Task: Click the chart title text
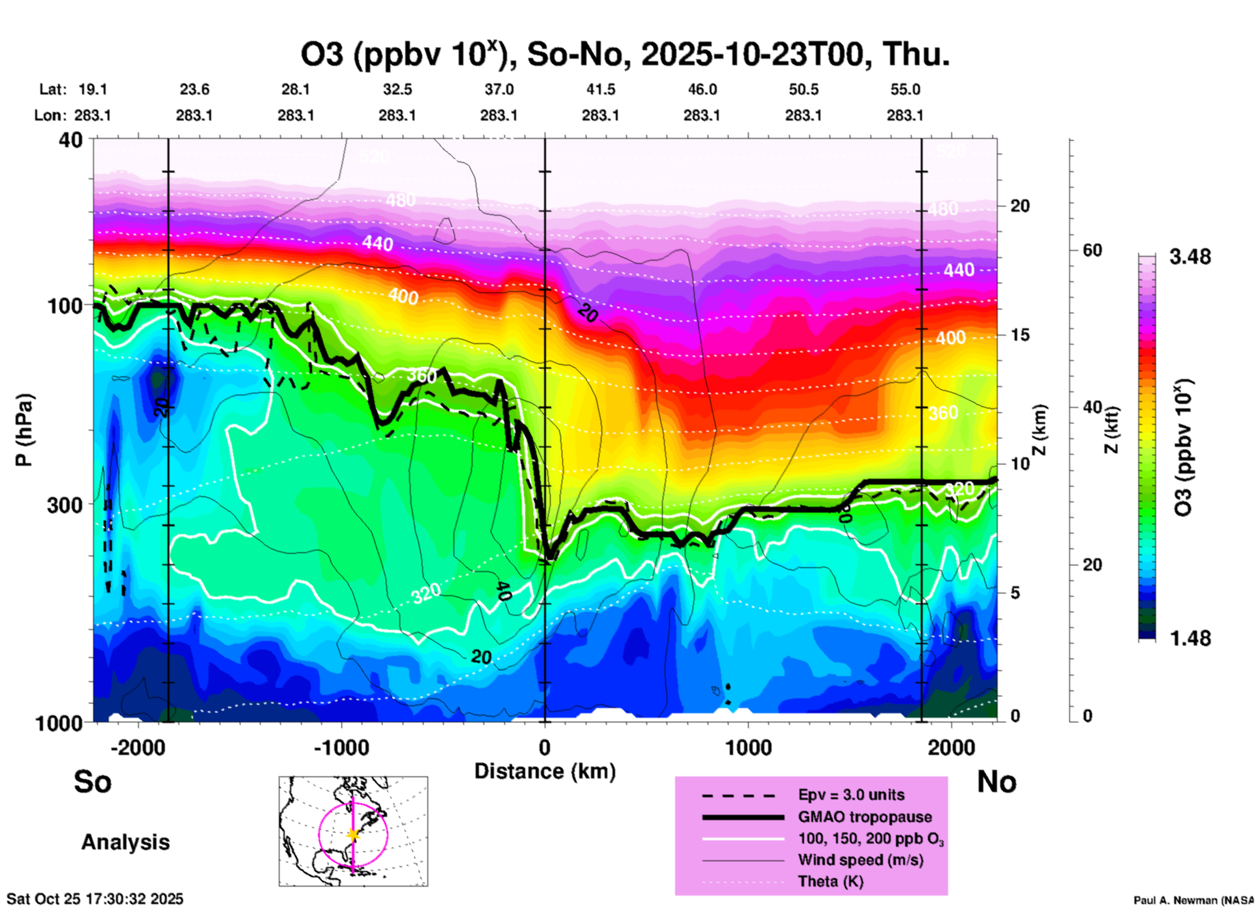click(x=624, y=55)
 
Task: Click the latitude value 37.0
click(x=498, y=89)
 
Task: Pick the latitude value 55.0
click(x=905, y=89)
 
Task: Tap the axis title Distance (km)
click(x=545, y=771)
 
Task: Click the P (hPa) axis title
click(x=24, y=430)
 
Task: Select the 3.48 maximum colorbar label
click(x=1190, y=257)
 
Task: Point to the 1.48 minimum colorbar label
click(x=1190, y=638)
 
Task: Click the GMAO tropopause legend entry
click(x=865, y=817)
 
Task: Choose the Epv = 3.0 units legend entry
click(x=851, y=795)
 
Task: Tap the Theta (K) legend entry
click(x=830, y=881)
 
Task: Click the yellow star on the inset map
click(x=353, y=834)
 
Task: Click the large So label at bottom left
click(x=93, y=782)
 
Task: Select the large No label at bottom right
click(x=996, y=782)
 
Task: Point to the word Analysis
click(x=125, y=842)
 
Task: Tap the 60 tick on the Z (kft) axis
click(x=1092, y=250)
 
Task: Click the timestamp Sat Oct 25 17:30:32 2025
click(x=95, y=899)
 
